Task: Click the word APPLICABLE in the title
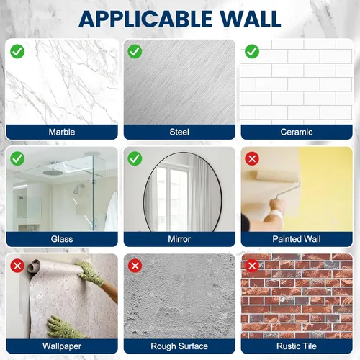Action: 145,19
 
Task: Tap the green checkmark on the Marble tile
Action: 17,51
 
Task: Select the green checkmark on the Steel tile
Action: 135,51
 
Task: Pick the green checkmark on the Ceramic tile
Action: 252,51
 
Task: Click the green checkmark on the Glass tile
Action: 17,158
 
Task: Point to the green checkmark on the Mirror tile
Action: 135,158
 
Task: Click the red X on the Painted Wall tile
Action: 252,158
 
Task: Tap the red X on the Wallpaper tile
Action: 17,266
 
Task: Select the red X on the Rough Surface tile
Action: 135,266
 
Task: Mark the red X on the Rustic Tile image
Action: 252,266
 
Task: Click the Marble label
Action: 62,132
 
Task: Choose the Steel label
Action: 179,132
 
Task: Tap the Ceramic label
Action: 297,132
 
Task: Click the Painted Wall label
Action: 297,239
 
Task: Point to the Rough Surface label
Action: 179,346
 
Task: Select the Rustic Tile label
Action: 297,346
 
